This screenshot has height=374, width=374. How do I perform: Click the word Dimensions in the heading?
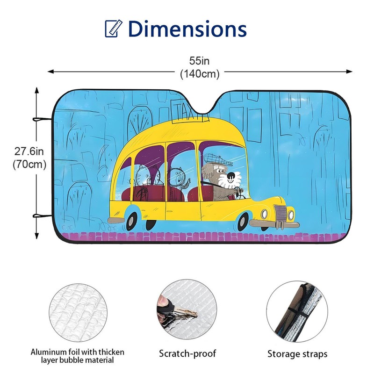click(x=187, y=29)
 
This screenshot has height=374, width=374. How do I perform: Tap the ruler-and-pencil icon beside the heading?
click(x=113, y=29)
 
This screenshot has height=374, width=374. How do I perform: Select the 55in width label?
click(x=200, y=61)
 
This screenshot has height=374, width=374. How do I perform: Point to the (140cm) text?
click(x=200, y=73)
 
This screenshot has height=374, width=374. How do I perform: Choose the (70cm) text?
click(x=29, y=164)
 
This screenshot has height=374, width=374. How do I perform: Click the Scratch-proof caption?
click(x=187, y=353)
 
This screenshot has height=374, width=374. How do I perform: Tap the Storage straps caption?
click(x=297, y=354)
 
